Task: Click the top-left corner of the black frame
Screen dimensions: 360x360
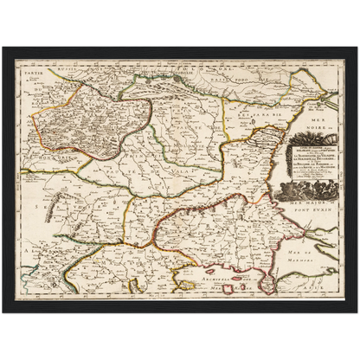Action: coord(3,45)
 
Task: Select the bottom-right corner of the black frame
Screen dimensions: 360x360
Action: coord(357,315)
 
